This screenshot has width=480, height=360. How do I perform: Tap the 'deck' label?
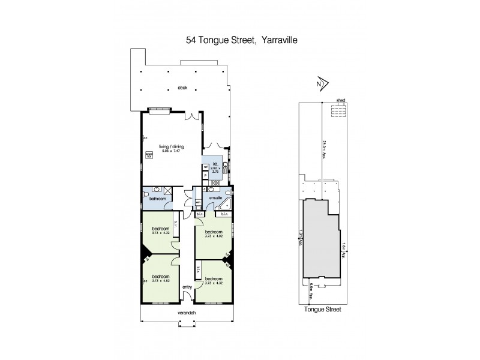click(182, 88)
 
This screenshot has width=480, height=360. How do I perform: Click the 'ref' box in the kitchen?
click(205, 167)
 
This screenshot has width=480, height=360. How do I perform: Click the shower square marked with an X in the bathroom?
click(169, 191)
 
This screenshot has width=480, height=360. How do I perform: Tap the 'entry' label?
click(187, 287)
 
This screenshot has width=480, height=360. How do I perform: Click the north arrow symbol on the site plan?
click(321, 83)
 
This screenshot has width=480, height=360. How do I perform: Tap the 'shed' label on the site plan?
click(340, 101)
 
